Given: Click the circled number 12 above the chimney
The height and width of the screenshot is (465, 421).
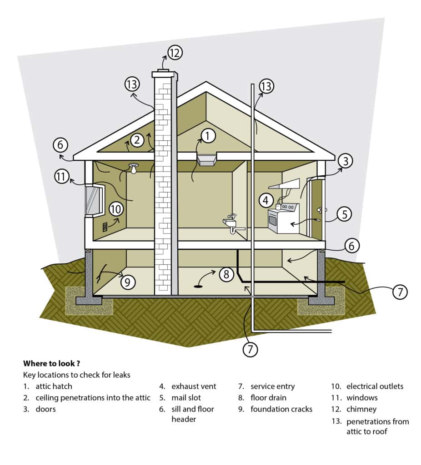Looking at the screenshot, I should [174, 52].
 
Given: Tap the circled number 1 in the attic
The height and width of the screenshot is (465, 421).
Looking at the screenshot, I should [207, 135].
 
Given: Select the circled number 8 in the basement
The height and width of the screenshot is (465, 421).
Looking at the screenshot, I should [226, 274].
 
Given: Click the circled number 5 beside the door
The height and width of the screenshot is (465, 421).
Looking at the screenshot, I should [344, 214].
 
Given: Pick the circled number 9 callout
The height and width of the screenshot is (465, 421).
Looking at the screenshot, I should [128, 282].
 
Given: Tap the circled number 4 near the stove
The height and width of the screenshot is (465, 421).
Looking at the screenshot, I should [266, 199].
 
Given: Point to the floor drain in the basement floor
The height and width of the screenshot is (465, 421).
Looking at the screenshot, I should [199, 286].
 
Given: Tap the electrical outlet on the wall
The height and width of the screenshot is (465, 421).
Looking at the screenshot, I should [105, 226].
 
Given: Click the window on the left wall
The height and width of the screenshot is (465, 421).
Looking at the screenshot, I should [94, 200].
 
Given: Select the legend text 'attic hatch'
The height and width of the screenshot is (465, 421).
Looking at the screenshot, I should [54, 386].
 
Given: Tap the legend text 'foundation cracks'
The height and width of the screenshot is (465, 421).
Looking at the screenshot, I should [281, 409].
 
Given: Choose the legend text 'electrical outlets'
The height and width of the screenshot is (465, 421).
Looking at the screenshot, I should [375, 386].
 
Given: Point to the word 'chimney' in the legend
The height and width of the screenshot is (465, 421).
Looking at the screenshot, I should [361, 409].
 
